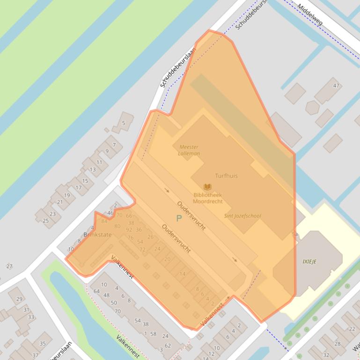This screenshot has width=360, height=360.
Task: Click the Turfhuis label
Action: pyautogui.click(x=226, y=176)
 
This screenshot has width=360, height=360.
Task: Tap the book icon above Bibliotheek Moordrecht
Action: pyautogui.click(x=207, y=187)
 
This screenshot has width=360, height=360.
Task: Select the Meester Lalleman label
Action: pyautogui.click(x=189, y=150)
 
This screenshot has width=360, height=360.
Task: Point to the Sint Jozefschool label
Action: pyautogui.click(x=242, y=216)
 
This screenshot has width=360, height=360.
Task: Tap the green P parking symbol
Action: pyautogui.click(x=179, y=218)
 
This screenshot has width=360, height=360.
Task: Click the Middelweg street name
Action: pyautogui.click(x=310, y=14)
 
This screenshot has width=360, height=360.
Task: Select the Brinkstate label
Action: pyautogui.click(x=97, y=235)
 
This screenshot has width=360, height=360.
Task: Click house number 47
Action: pyautogui.click(x=336, y=86)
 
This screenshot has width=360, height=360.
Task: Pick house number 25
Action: pyautogui.click(x=46, y=221)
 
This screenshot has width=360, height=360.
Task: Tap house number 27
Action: pyautogui.click(x=9, y=266)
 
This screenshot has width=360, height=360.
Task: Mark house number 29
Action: pyautogui.click(x=19, y=299)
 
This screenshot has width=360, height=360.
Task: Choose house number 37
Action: pyautogui.click(x=35, y=355)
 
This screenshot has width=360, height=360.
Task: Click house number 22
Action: pyautogui.click(x=352, y=329)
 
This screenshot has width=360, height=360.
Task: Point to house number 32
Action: pyautogui.click(x=326, y=355)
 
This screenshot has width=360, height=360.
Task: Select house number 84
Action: pyautogui.click(x=104, y=221)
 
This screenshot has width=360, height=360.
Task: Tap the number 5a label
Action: pyautogui.click(x=294, y=234)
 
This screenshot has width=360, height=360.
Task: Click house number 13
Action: pyautogui.click(x=93, y=170)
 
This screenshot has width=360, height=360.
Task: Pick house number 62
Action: pyautogui.click(x=168, y=346)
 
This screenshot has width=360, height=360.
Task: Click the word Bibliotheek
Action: pyautogui.click(x=207, y=195)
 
